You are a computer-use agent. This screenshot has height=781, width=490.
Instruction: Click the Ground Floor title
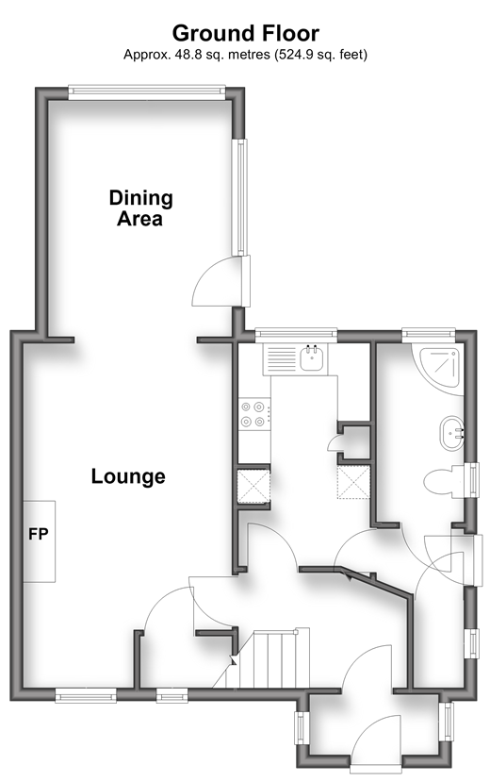click(245, 33)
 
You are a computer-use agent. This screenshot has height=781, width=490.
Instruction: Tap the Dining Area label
click(140, 208)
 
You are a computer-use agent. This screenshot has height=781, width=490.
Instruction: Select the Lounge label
click(128, 476)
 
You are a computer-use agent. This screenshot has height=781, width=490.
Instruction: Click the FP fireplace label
click(39, 534)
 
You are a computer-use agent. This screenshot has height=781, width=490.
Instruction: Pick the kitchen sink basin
click(312, 358)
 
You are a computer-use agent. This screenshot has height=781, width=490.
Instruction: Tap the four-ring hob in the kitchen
click(254, 414)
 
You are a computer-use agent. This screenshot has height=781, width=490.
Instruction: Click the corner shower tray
click(439, 368)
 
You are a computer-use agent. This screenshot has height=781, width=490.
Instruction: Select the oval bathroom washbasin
click(451, 433)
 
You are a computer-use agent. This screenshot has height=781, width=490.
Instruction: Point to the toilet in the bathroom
click(444, 482)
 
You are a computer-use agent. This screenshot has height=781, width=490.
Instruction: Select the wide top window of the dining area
click(147, 91)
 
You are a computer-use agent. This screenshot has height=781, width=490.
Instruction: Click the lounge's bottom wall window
click(86, 695)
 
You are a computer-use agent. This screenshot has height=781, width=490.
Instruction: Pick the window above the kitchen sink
click(296, 334)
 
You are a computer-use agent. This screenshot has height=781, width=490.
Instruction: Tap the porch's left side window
click(301, 728)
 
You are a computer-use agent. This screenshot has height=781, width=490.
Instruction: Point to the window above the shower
click(429, 334)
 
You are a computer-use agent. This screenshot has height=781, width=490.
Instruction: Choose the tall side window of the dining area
click(240, 197)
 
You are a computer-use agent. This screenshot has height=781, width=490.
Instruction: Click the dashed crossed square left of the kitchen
click(253, 486)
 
